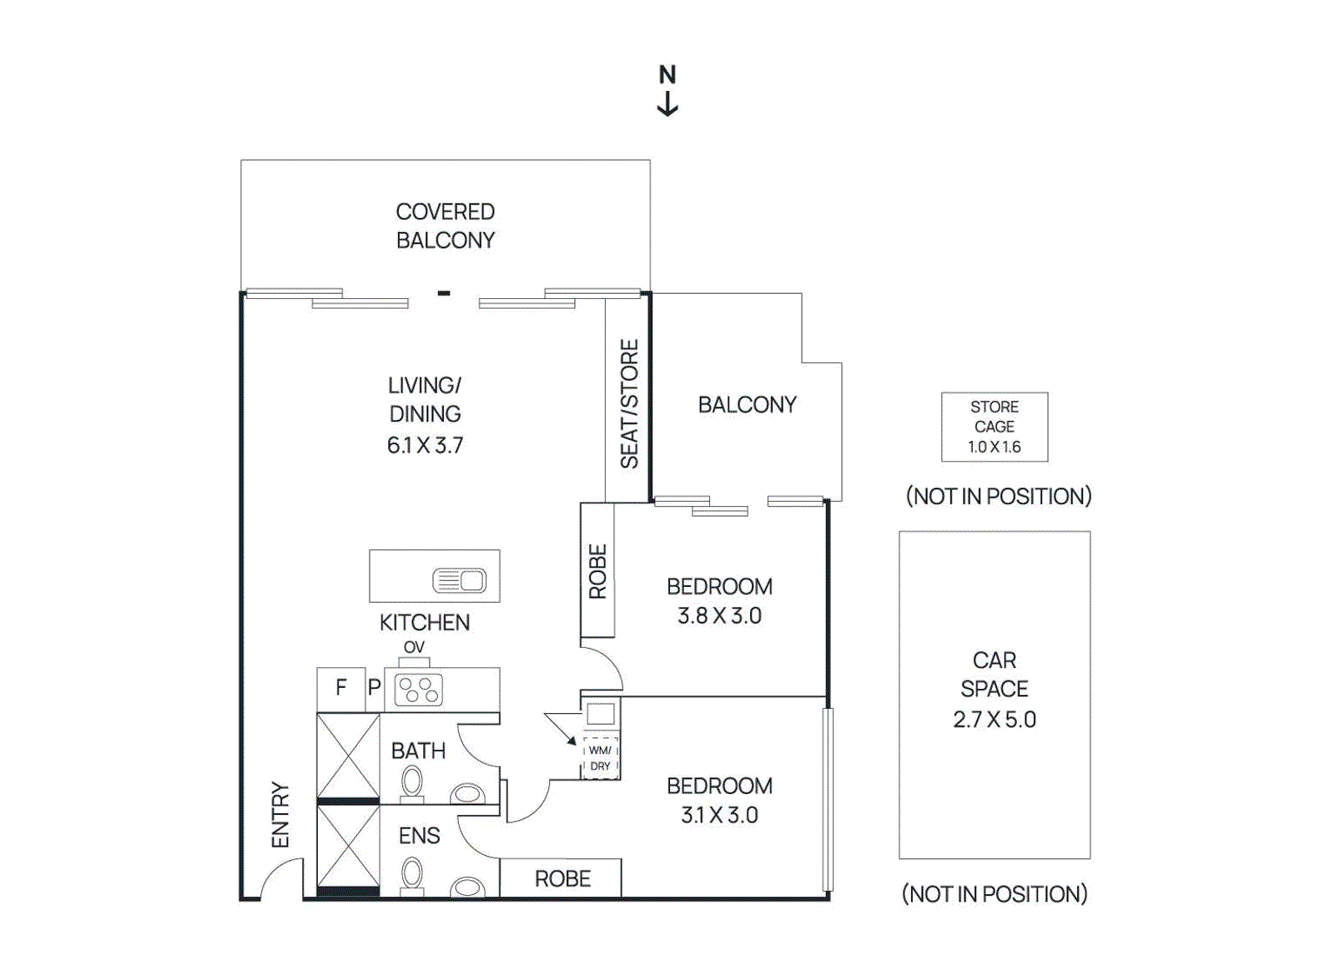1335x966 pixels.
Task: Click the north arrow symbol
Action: click(x=667, y=104)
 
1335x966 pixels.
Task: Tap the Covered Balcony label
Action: click(x=445, y=225)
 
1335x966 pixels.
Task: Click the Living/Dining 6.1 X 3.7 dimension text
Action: click(x=425, y=445)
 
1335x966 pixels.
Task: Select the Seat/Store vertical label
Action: click(x=629, y=403)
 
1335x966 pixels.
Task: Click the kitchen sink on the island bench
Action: click(x=460, y=580)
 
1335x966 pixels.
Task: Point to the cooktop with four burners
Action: click(x=418, y=690)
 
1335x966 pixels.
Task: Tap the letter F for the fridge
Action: click(x=340, y=687)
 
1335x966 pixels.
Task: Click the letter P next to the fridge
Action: click(x=374, y=687)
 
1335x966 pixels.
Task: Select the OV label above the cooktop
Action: click(x=414, y=647)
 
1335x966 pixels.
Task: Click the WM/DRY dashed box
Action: click(x=600, y=758)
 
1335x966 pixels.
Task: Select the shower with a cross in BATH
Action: click(x=348, y=756)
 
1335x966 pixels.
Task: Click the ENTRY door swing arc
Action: click(x=279, y=878)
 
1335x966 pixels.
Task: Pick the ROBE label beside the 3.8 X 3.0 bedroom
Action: click(x=597, y=571)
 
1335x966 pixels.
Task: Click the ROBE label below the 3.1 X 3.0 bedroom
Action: click(x=562, y=878)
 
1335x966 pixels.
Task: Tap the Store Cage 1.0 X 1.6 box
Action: click(x=994, y=427)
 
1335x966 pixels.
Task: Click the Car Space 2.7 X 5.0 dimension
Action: click(x=994, y=719)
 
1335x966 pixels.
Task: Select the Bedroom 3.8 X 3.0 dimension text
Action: click(x=719, y=615)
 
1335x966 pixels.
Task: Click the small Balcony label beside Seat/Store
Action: click(x=747, y=404)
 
